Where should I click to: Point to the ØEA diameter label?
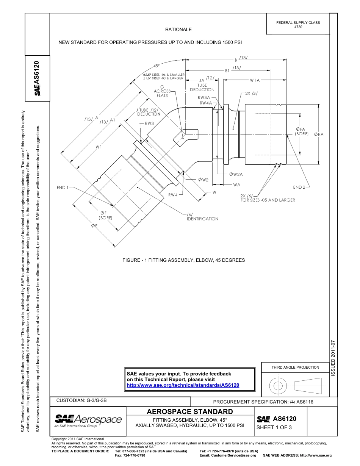pos(319,134)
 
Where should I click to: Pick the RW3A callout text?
pos(207,97)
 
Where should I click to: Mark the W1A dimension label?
pos(255,80)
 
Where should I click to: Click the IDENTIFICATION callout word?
pos(202,219)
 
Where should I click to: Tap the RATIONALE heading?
pos(178,29)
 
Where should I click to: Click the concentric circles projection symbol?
pos(278,386)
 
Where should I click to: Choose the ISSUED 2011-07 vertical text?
pos(333,358)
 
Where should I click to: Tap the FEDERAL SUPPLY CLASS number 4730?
pos(298,27)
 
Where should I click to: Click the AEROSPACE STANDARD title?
pos(190,411)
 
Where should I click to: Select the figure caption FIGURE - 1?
pos(183,260)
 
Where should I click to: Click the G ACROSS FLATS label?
pos(162,91)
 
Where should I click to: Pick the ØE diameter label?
pos(94,226)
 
